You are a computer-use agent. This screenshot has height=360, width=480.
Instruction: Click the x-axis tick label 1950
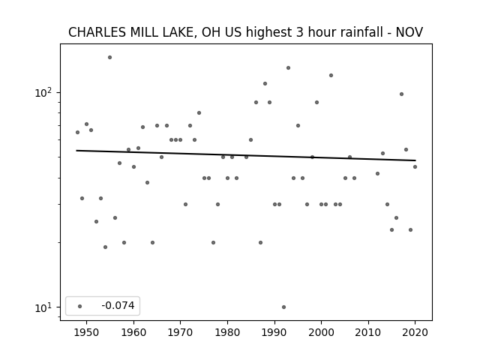pos(87,332)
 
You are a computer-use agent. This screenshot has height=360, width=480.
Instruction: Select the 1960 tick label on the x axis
pos(133,332)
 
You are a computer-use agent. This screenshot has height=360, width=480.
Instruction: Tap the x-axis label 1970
pos(180,332)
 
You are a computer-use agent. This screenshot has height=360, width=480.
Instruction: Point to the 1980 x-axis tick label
pos(227,332)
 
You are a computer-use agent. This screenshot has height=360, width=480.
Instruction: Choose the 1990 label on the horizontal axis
pos(274,332)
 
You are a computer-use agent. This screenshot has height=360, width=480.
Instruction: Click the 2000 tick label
pos(321,332)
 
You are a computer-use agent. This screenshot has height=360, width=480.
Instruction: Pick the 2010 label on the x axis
pos(368,332)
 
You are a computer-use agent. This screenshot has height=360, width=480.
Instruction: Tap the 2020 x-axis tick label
pos(415,332)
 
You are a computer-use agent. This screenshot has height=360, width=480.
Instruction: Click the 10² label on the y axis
pos(43,92)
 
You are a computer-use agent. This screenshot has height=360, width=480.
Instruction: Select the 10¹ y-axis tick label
pos(43,307)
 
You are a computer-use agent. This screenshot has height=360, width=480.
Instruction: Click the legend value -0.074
pos(118,305)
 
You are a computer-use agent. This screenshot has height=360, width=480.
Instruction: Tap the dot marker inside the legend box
pos(80,306)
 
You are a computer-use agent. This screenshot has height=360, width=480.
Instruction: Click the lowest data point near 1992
pos(283,307)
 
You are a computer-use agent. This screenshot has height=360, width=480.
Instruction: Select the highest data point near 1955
pos(110,57)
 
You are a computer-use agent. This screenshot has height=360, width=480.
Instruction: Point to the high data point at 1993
pos(288,68)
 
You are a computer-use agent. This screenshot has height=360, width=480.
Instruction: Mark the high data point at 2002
pos(331,75)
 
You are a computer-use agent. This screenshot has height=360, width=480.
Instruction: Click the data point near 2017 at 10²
pos(402,94)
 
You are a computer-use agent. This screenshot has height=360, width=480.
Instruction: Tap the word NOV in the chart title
pos(409,32)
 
